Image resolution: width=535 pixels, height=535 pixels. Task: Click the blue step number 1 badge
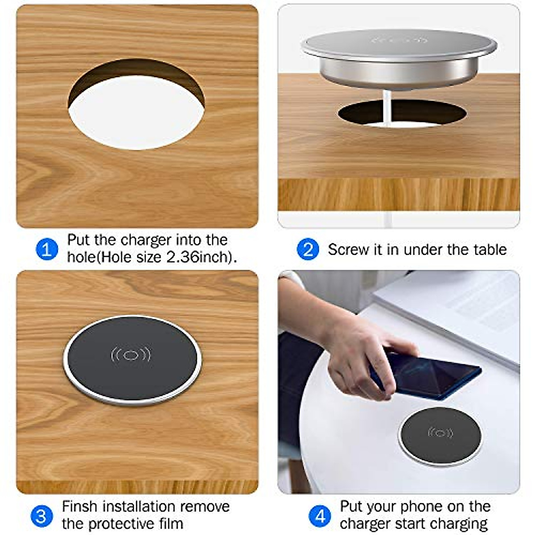click(47, 249)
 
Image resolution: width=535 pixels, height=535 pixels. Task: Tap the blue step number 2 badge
click(308, 249)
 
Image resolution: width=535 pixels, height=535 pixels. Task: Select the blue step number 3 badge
click(41, 516)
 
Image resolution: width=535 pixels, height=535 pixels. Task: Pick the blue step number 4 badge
click(320, 516)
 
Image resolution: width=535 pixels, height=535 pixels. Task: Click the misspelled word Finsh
click(80, 507)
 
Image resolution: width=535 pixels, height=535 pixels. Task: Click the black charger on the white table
click(440, 436)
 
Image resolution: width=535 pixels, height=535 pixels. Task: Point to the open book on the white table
click(459, 308)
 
